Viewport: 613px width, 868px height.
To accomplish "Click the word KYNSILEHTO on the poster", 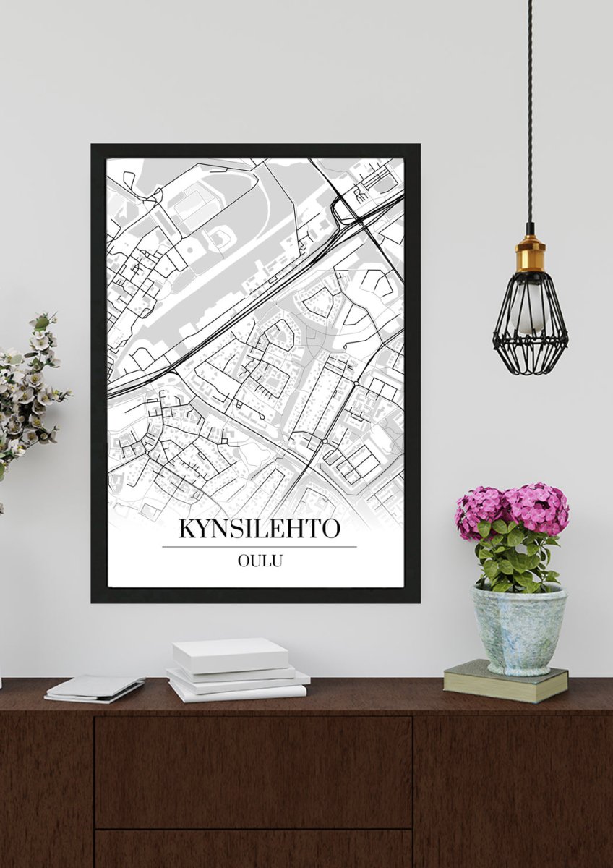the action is (259, 529).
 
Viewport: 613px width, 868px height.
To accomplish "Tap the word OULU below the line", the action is (259, 559).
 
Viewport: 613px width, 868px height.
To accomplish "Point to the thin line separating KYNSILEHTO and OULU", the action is (259, 546).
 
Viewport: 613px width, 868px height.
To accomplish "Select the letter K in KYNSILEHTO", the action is (187, 529).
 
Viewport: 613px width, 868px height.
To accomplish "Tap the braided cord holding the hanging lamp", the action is (530, 109).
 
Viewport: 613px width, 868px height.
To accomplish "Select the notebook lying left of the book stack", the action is (94, 687).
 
